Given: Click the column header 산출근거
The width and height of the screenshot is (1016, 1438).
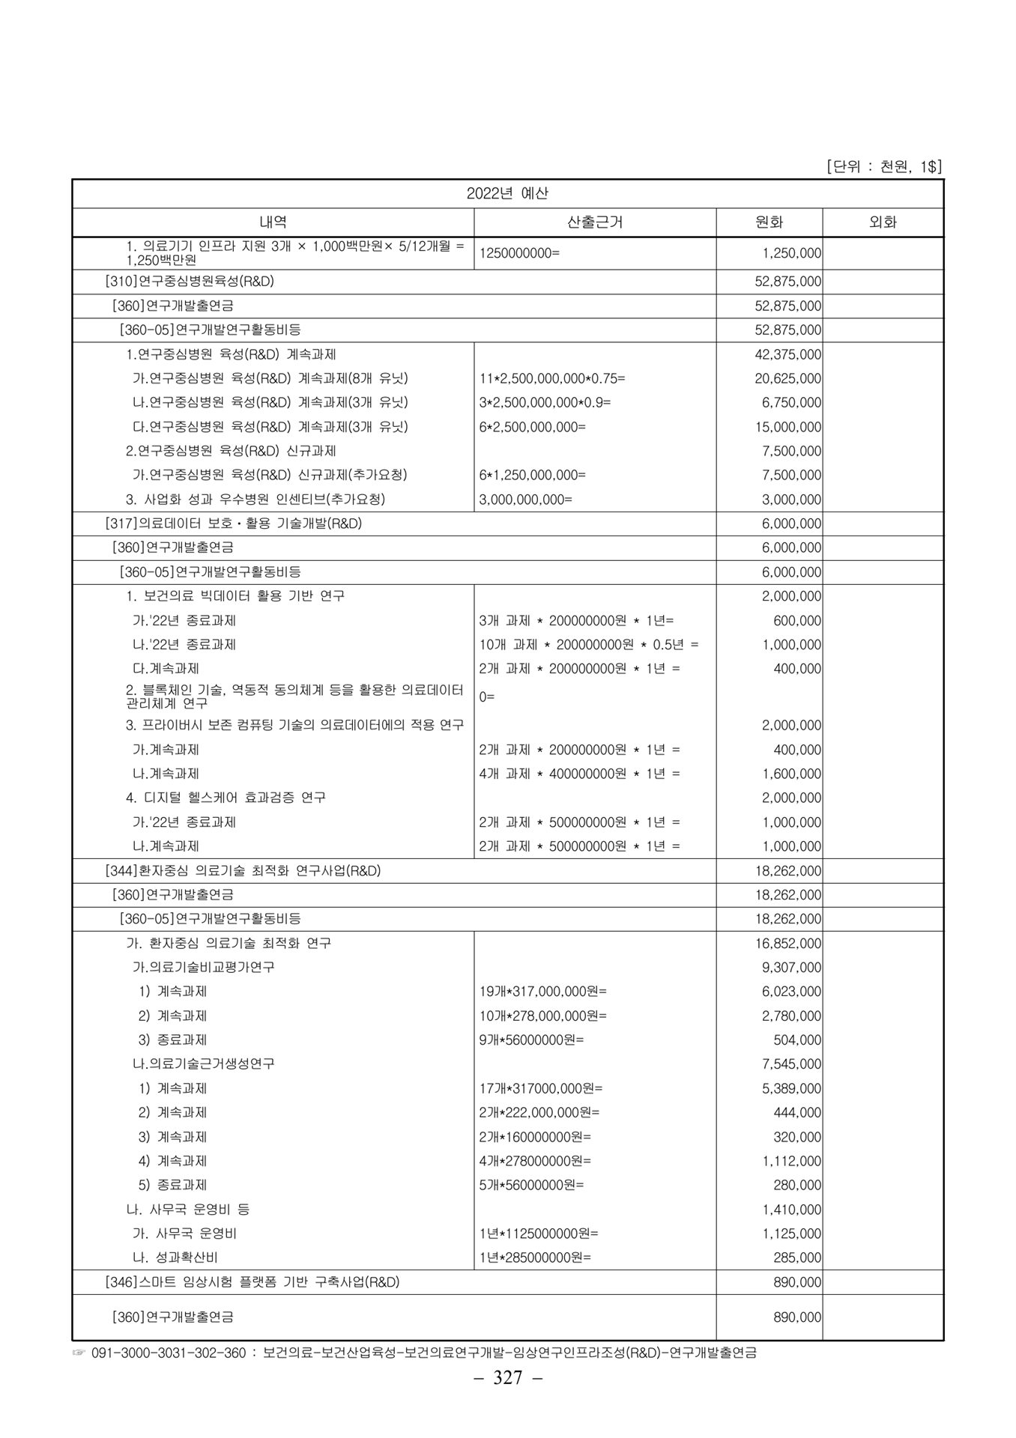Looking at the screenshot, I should pyautogui.click(x=595, y=222).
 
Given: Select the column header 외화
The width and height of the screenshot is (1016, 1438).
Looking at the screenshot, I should pyautogui.click(x=883, y=222).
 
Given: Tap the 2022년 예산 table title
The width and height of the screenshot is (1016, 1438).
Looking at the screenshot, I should pyautogui.click(x=507, y=193).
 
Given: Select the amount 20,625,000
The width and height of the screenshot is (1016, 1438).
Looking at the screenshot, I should pyautogui.click(x=787, y=379).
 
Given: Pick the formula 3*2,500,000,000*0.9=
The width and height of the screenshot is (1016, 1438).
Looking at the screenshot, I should pyautogui.click(x=545, y=403).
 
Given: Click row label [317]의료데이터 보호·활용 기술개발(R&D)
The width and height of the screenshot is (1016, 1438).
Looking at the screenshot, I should pyautogui.click(x=233, y=524).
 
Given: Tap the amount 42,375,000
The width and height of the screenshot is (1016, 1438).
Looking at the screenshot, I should pyautogui.click(x=787, y=354).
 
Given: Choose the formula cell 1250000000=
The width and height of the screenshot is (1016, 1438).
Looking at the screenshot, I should pyautogui.click(x=519, y=253).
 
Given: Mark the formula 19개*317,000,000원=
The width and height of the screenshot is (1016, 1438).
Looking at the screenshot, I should pyautogui.click(x=542, y=992).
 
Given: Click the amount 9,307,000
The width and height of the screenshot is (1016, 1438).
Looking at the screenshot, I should pyautogui.click(x=791, y=968).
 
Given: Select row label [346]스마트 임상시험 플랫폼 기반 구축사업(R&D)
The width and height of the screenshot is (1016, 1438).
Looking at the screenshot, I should pyautogui.click(x=253, y=1282).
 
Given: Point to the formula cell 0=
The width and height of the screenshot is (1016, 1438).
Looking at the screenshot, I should pyautogui.click(x=487, y=697).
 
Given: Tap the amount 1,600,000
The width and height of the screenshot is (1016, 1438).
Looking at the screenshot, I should pyautogui.click(x=791, y=774).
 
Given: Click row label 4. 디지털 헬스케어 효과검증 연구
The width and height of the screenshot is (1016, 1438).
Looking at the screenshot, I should pyautogui.click(x=226, y=798).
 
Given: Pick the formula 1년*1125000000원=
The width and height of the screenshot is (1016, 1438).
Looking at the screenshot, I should pyautogui.click(x=539, y=1234).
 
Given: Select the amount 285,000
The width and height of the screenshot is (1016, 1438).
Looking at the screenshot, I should pyautogui.click(x=797, y=1258).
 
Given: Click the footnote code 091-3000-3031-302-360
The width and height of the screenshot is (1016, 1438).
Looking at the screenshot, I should pyautogui.click(x=168, y=1353).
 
